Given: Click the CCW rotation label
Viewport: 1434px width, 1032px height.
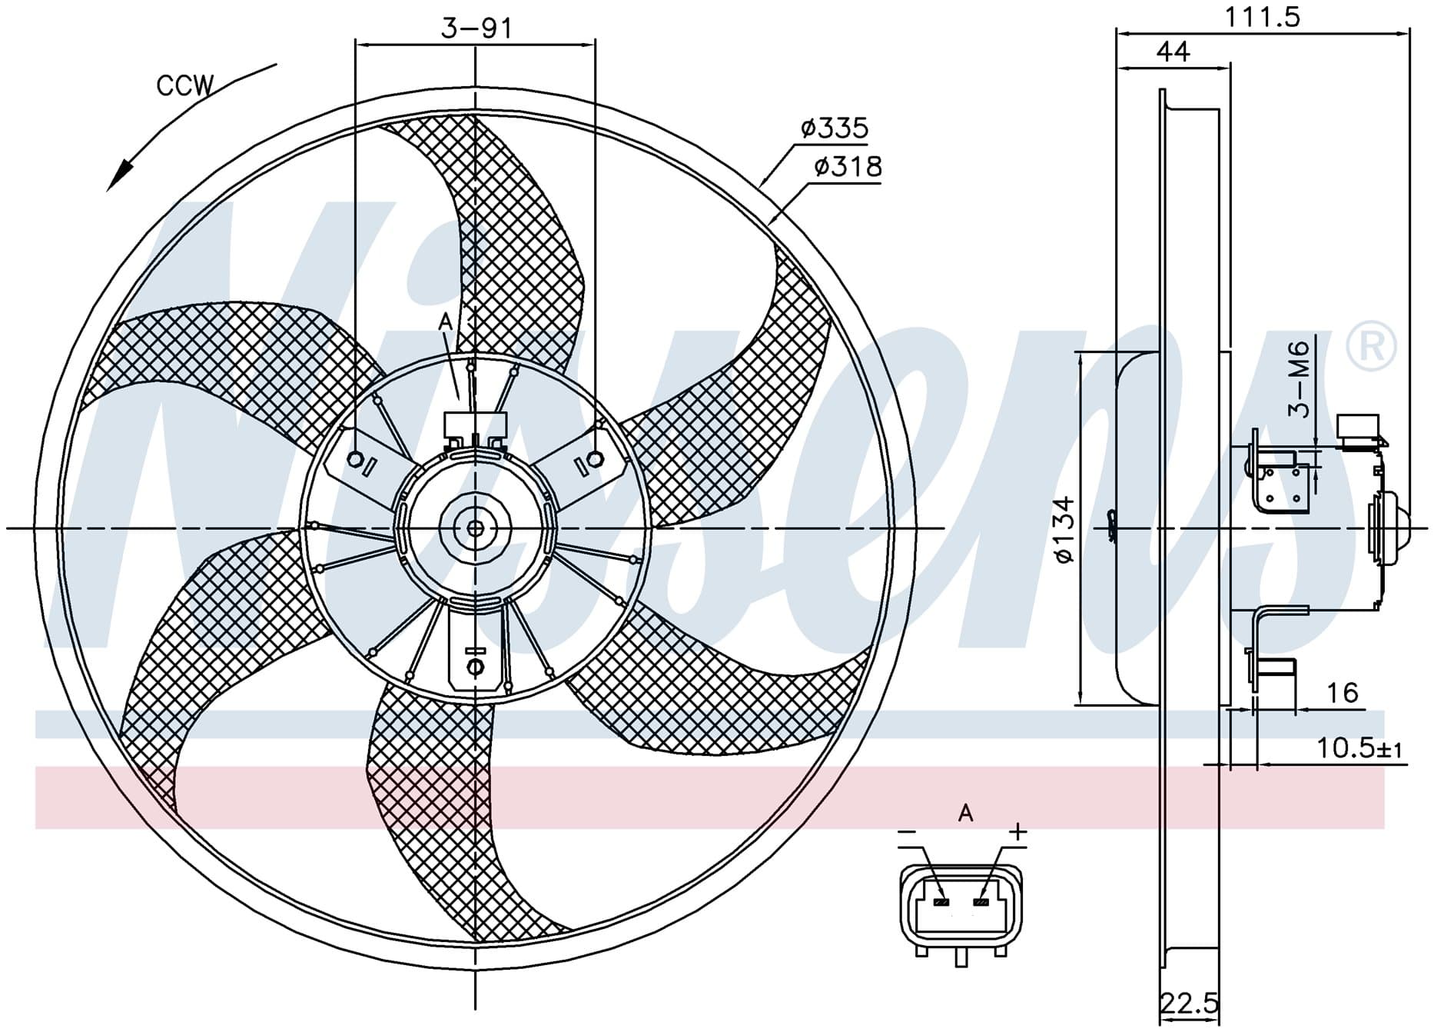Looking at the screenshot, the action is coord(185,85).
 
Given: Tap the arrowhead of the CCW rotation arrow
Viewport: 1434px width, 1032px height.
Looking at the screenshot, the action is coord(119,175).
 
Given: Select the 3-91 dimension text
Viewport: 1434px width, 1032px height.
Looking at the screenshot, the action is coord(476,28).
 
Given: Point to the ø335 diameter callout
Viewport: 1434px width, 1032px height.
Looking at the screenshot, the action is coord(834,128).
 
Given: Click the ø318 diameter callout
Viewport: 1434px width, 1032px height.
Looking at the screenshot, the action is coord(848,166).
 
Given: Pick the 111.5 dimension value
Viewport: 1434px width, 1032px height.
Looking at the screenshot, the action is coord(1262,16).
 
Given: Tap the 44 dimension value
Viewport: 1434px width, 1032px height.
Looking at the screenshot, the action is coord(1173,52).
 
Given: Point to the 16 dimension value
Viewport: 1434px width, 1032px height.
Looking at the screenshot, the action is coord(1343,693).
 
